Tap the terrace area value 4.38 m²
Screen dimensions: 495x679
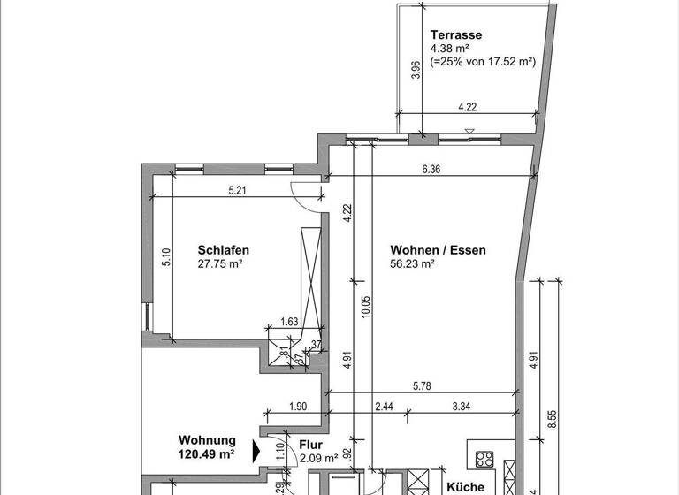point(449,49)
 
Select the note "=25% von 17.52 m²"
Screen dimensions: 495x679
point(483,63)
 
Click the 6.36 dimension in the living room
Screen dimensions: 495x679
point(431,170)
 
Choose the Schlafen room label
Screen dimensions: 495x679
point(222,250)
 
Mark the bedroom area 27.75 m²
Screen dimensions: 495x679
point(220,263)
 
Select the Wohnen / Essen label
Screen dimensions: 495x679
point(437,250)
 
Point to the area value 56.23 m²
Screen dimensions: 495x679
point(412,263)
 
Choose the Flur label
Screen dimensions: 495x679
point(310,445)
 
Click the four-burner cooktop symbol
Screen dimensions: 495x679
point(484,459)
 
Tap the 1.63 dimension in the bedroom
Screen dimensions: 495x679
point(288,323)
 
